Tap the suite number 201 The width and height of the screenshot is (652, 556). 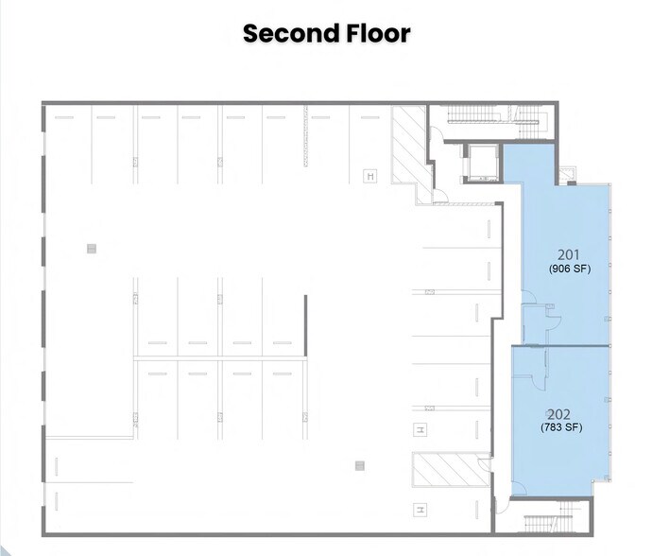point(569,254)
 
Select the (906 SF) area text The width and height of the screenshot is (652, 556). point(569,269)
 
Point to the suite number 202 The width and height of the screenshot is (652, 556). point(558,414)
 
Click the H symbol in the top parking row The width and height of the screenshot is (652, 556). point(371,176)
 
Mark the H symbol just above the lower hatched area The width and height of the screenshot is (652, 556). point(420,431)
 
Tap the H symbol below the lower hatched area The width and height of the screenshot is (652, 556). point(420,510)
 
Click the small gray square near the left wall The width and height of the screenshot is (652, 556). point(91,249)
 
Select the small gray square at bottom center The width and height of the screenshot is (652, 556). point(359,465)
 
